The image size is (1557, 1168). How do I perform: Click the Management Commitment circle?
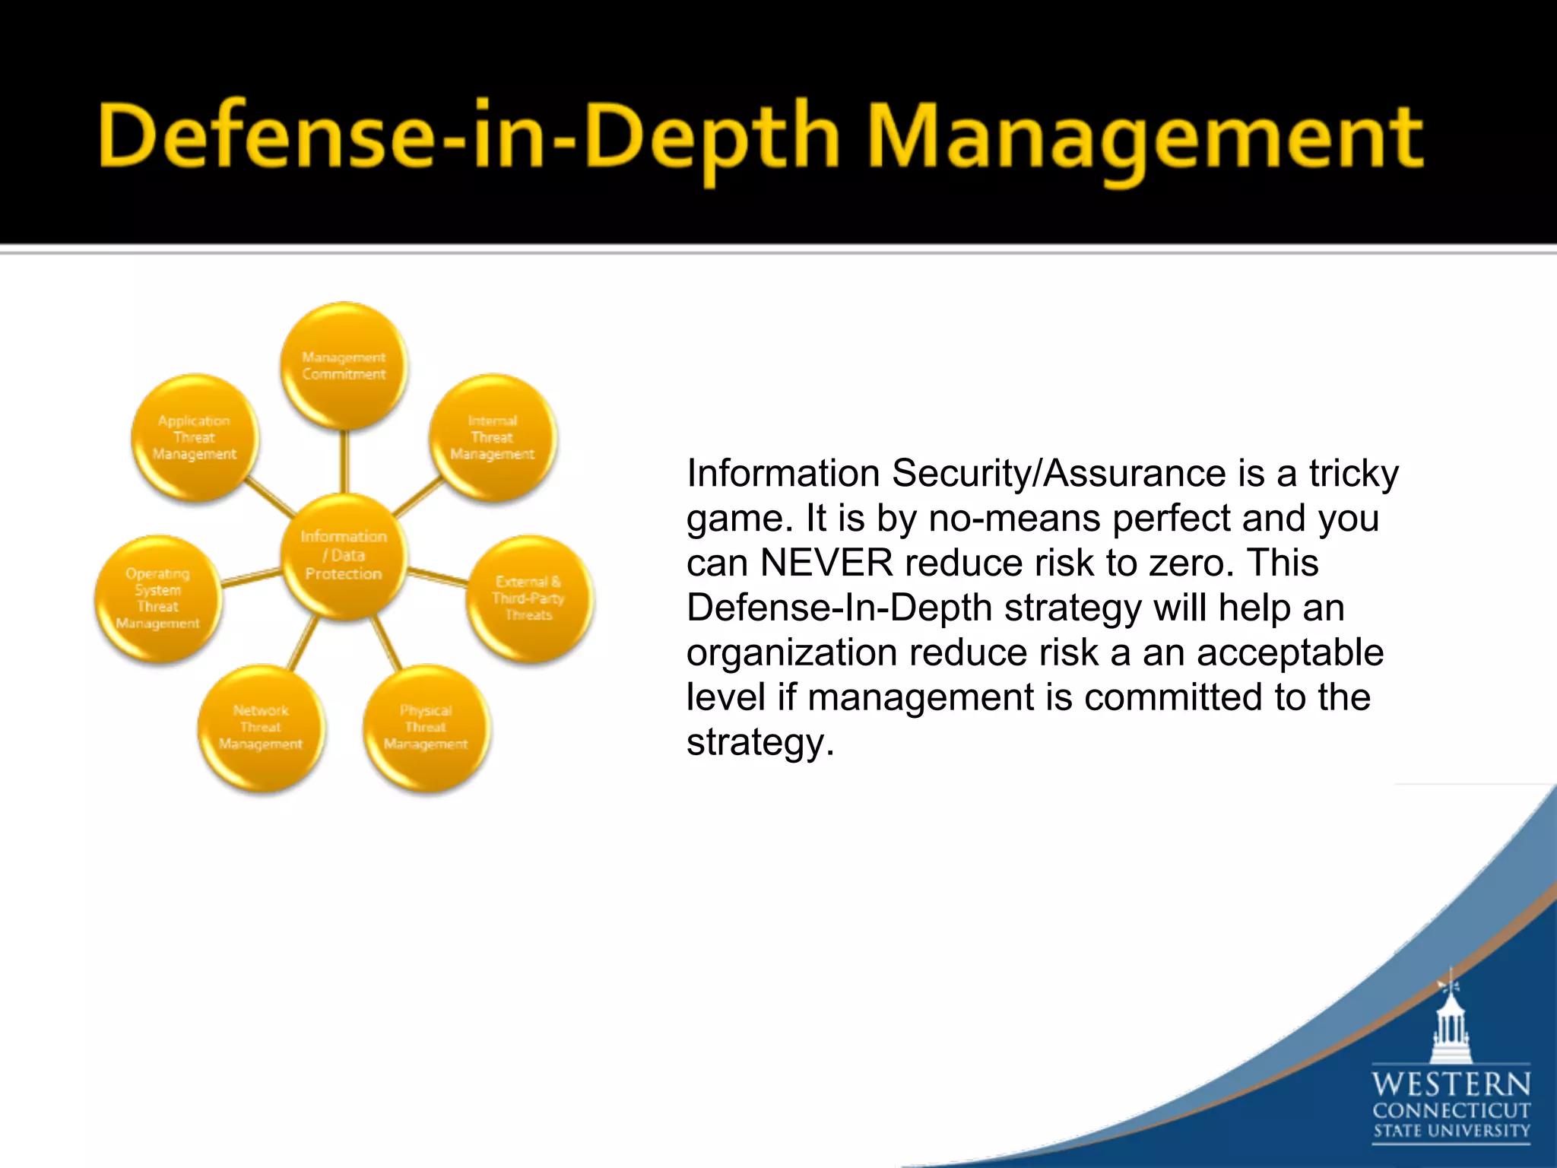344,366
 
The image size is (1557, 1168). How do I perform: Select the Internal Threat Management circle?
493,438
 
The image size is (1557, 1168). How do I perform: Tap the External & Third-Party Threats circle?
529,598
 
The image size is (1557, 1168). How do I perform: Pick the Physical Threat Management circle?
426,728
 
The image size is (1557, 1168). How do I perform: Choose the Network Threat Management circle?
261,728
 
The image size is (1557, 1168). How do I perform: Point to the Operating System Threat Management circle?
158,598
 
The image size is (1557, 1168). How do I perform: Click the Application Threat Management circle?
195,438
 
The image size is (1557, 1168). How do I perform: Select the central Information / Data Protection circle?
344,555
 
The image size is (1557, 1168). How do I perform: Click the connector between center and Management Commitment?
344,462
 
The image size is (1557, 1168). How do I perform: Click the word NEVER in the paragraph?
826,563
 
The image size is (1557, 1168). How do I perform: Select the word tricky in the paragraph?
1353,474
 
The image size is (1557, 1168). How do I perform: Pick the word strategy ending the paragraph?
759,742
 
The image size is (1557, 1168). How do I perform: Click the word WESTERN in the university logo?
1451,1084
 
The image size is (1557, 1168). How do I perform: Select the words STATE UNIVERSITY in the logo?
1451,1131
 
